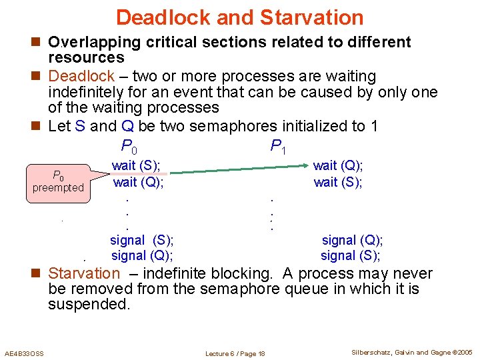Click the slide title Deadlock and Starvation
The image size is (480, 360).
240,17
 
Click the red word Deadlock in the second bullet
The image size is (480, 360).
81,77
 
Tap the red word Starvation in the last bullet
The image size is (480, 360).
84,273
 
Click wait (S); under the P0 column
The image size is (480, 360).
137,165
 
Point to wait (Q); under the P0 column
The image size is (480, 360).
138,181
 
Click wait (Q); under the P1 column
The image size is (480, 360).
338,166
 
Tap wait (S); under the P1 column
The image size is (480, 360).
338,182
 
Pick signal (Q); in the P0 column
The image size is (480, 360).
142,255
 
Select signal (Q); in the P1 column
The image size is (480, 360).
352,241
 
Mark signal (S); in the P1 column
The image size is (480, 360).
351,256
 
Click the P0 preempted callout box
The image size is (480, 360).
58,181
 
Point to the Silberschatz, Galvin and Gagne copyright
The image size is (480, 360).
411,352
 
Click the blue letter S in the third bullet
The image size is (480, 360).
80,126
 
